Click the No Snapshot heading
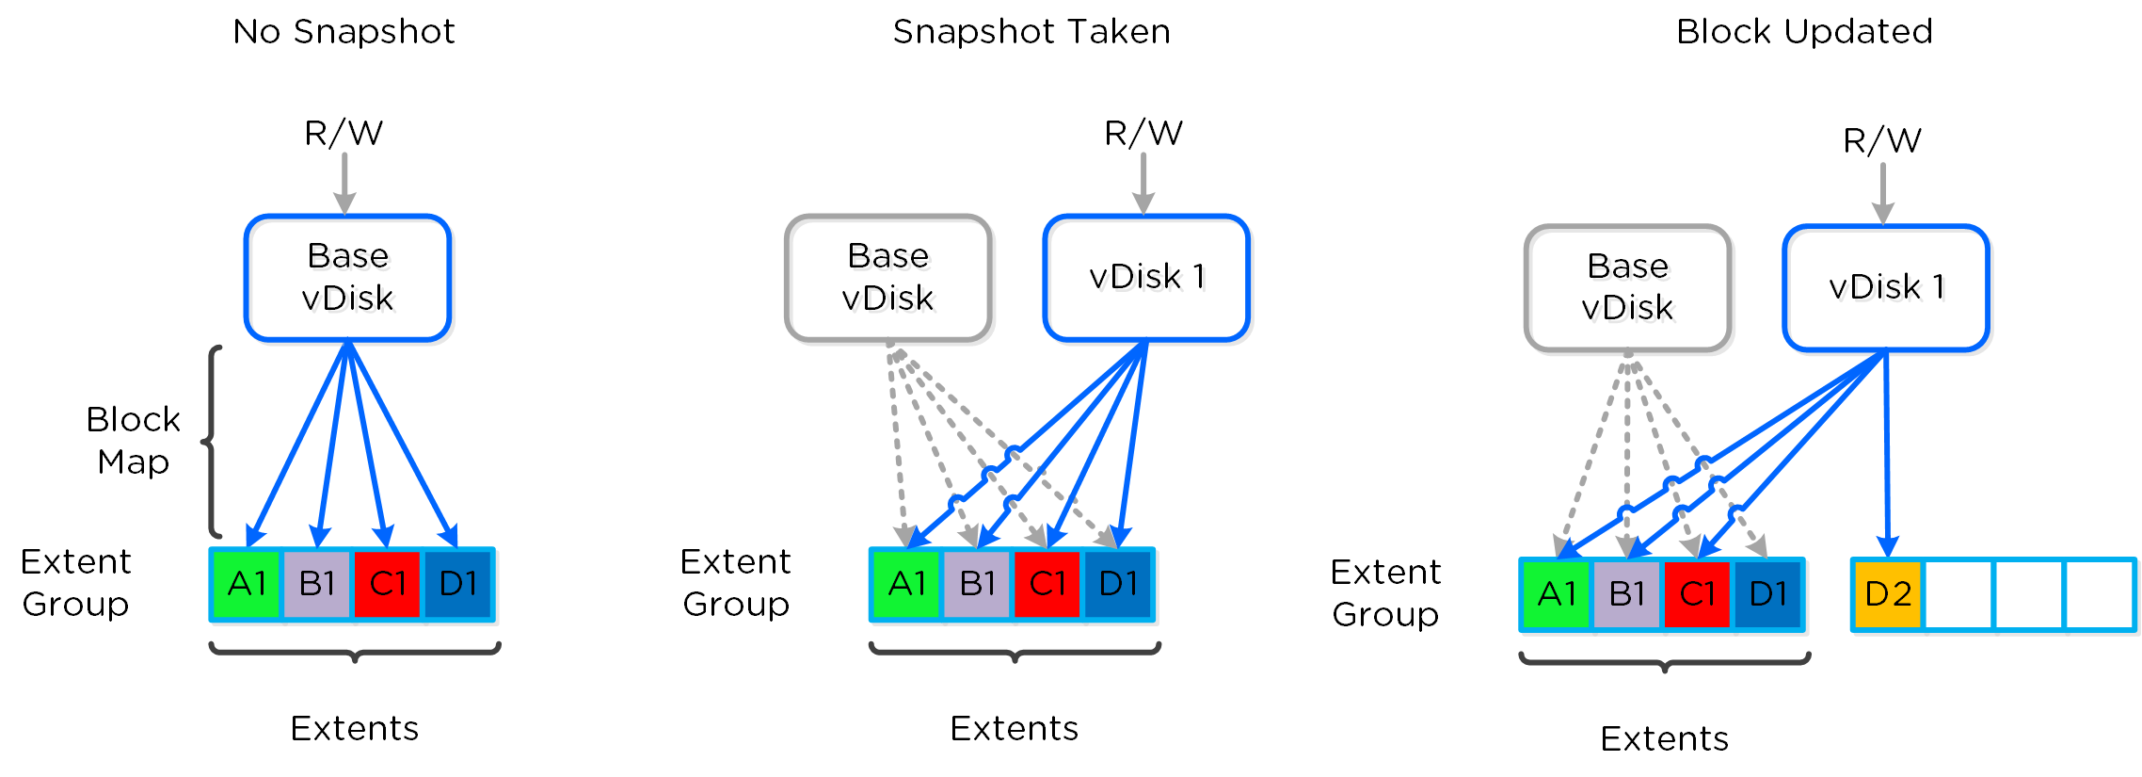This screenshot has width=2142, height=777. coord(344,32)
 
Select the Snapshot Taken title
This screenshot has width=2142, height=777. coord(1031,32)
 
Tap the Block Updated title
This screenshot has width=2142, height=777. coord(1804,32)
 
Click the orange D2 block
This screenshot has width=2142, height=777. coord(1887,594)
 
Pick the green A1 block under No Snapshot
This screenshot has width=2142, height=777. coord(248,584)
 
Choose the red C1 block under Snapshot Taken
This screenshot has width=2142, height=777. coord(1047,584)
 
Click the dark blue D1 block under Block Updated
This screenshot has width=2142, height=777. coord(1767,594)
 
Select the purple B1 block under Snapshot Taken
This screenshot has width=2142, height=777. coord(977,584)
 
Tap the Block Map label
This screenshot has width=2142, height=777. coord(133,440)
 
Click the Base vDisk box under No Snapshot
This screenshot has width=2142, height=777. coord(347,277)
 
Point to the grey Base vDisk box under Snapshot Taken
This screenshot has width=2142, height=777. coord(887,277)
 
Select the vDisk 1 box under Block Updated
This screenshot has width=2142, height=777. coord(1886,287)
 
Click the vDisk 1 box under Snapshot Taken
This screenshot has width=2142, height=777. coord(1146,277)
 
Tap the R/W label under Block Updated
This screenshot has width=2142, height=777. coord(1882,141)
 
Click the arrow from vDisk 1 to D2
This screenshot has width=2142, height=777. coord(1886,452)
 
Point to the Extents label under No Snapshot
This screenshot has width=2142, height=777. coord(354,728)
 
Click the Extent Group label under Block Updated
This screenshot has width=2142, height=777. coord(1384,592)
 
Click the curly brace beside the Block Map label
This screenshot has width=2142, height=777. coord(213,441)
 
